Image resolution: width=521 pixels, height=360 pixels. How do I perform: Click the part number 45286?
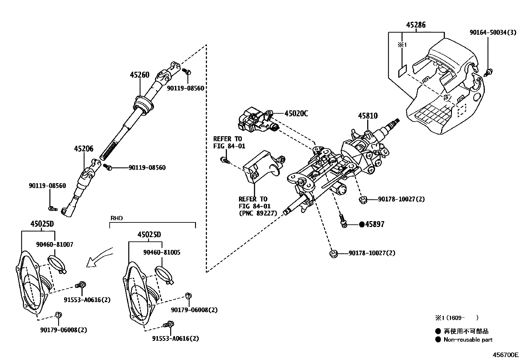click(x=416, y=25)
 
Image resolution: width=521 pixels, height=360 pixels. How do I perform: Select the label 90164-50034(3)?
click(x=493, y=32)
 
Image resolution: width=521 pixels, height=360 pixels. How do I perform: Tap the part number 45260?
click(x=139, y=75)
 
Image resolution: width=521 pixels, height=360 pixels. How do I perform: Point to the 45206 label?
click(x=83, y=149)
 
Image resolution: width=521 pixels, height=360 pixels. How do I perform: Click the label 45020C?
click(x=296, y=114)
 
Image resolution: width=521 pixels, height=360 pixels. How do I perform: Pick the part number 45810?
click(x=368, y=116)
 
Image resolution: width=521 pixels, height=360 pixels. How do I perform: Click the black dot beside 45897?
click(x=362, y=224)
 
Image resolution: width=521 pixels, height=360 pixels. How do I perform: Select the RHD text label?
click(x=117, y=218)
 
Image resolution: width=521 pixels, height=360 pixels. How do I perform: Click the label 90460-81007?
click(x=55, y=244)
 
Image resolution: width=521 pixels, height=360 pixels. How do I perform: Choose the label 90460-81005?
click(x=162, y=253)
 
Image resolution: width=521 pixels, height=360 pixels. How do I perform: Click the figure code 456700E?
click(x=506, y=355)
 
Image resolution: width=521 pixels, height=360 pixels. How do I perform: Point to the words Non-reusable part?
click(x=468, y=340)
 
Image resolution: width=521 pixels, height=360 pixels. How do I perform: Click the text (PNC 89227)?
click(x=258, y=213)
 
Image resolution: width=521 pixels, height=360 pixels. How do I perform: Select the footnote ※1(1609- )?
click(x=456, y=317)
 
